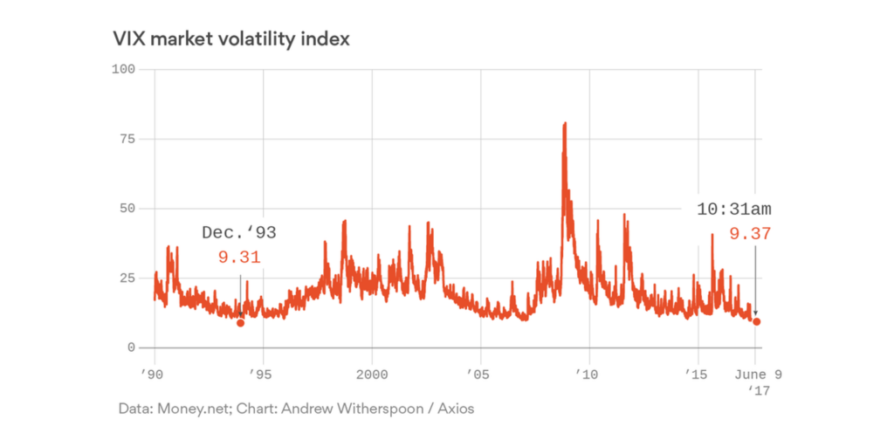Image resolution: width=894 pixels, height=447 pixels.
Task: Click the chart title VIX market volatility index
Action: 230,39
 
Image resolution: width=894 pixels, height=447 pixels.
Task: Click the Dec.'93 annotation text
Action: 238,233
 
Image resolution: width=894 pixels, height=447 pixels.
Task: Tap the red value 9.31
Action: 239,258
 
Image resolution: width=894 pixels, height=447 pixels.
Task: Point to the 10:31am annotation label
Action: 733,210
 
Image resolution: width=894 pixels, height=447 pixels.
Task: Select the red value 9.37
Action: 750,234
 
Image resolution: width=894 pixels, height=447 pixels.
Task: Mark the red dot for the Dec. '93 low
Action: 240,323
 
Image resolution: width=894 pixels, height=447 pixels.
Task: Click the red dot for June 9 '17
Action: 756,321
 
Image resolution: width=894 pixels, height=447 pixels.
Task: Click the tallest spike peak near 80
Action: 565,124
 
